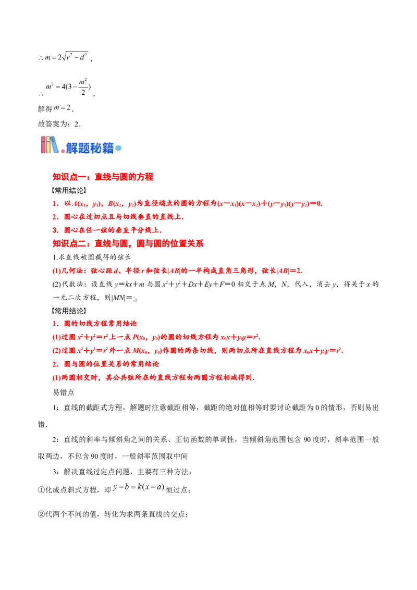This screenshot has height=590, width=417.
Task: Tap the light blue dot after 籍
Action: pos(118,149)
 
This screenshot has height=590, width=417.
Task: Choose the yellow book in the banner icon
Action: pos(50,145)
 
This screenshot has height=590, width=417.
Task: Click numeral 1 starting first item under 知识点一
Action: pos(53,204)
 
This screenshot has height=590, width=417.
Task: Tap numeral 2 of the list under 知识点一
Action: pos(53,216)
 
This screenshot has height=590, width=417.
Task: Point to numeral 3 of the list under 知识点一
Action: pos(53,229)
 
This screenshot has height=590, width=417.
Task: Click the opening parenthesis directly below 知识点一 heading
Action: pos(53,191)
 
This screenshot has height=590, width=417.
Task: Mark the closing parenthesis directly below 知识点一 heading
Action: pos(85,191)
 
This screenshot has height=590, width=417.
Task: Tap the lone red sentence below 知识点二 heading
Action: pos(177,271)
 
